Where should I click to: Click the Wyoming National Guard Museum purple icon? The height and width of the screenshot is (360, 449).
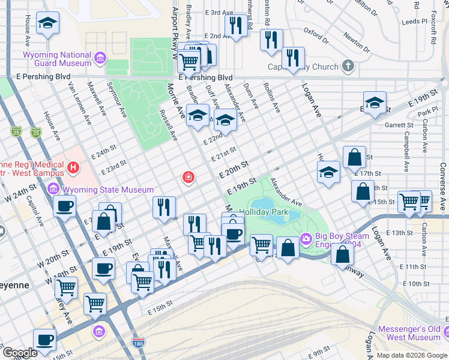click(100, 59)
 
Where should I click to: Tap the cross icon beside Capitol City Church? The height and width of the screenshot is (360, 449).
click(348, 66)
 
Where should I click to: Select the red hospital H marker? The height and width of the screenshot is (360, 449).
click(73, 167)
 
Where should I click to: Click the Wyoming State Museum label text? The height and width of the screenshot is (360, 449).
click(108, 190)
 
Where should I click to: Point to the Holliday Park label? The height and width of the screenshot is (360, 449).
click(264, 212)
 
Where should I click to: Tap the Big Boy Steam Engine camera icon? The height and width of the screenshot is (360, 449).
click(306, 239)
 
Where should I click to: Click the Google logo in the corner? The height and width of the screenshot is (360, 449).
click(19, 353)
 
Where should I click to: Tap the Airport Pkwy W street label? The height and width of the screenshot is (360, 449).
click(175, 27)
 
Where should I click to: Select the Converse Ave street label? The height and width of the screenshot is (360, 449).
click(443, 186)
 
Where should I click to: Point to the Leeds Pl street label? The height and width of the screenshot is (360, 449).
click(414, 21)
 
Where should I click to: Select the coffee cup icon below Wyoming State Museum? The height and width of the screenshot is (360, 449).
click(64, 206)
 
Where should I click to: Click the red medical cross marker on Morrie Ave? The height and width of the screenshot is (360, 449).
click(188, 178)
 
